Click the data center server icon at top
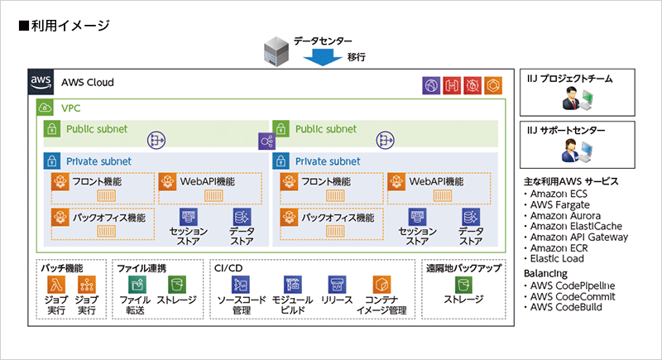pyautogui.click(x=277, y=50)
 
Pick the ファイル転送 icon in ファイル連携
pyautogui.click(x=134, y=286)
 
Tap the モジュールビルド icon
pyautogui.click(x=292, y=286)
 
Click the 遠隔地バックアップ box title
pyautogui.click(x=464, y=268)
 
